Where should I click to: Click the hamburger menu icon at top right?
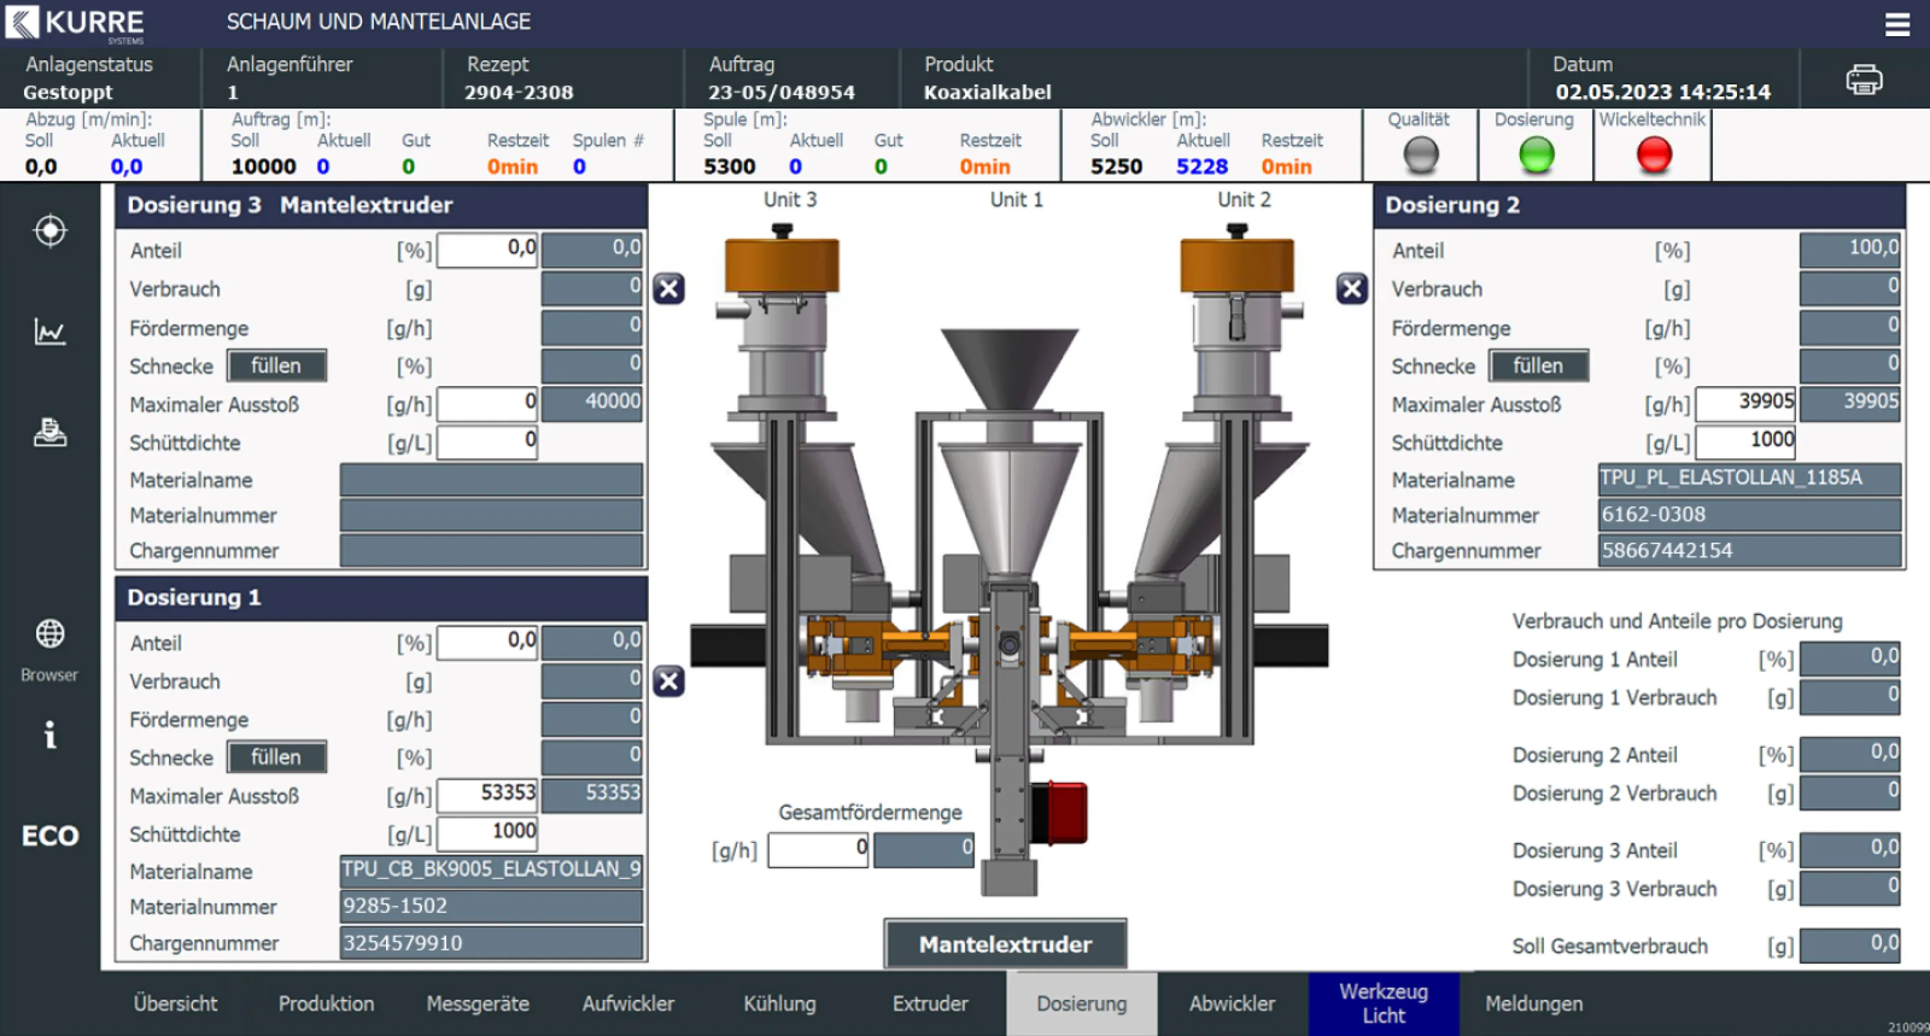coord(1896,25)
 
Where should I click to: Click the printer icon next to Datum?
coord(1863,80)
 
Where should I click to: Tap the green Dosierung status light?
coord(1536,155)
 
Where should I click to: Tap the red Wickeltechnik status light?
coord(1653,155)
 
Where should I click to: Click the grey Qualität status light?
coord(1420,155)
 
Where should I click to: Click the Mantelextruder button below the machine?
coord(1005,944)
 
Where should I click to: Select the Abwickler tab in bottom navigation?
coord(1232,1003)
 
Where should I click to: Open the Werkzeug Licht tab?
coord(1383,1003)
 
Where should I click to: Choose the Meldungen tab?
coord(1534,1003)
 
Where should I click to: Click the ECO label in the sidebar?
coord(49,835)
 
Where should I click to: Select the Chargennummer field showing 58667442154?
coord(1748,550)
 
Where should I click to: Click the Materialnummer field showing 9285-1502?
coord(491,906)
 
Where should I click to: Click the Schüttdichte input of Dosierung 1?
coord(487,831)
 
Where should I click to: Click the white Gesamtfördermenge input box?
coord(817,850)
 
